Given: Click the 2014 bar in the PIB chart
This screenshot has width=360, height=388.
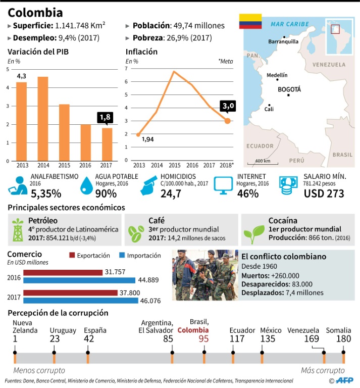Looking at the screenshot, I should coord(42,119).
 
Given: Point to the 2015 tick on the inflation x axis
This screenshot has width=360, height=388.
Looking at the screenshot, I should coord(174,165).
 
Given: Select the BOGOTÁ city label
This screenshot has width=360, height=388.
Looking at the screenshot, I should coord(289,89).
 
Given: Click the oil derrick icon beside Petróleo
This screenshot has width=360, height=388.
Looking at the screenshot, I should coord(18,230).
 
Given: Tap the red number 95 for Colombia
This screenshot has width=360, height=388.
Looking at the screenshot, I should coord(203,338).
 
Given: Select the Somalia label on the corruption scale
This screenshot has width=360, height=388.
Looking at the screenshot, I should coord(339,330).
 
